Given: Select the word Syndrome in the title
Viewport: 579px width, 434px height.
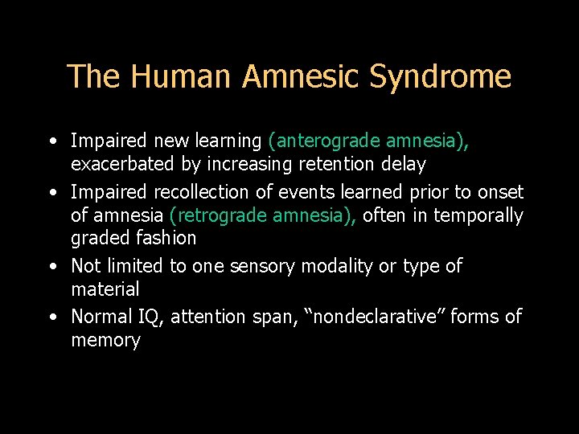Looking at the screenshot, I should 440,77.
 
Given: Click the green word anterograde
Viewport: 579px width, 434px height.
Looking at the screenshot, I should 326,141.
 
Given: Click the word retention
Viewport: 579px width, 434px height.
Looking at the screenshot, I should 340,165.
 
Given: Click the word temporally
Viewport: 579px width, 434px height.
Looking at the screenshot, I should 480,215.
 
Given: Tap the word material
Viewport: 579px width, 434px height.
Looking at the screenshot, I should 105,289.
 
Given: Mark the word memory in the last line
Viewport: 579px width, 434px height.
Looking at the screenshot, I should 105,340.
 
